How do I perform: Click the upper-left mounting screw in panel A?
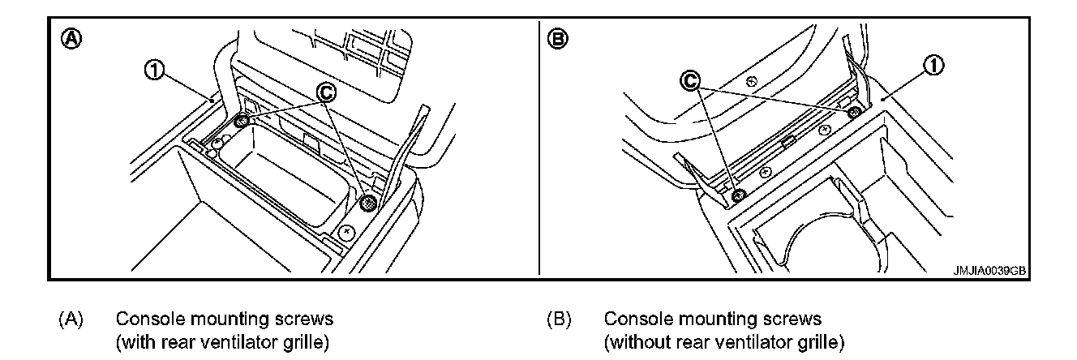pyautogui.click(x=241, y=122)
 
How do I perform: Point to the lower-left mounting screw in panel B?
pyautogui.click(x=738, y=195)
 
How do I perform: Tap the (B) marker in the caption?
pyautogui.click(x=560, y=319)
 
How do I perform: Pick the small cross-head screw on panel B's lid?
pyautogui.click(x=751, y=81)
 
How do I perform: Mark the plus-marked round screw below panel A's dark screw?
pyautogui.click(x=348, y=233)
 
